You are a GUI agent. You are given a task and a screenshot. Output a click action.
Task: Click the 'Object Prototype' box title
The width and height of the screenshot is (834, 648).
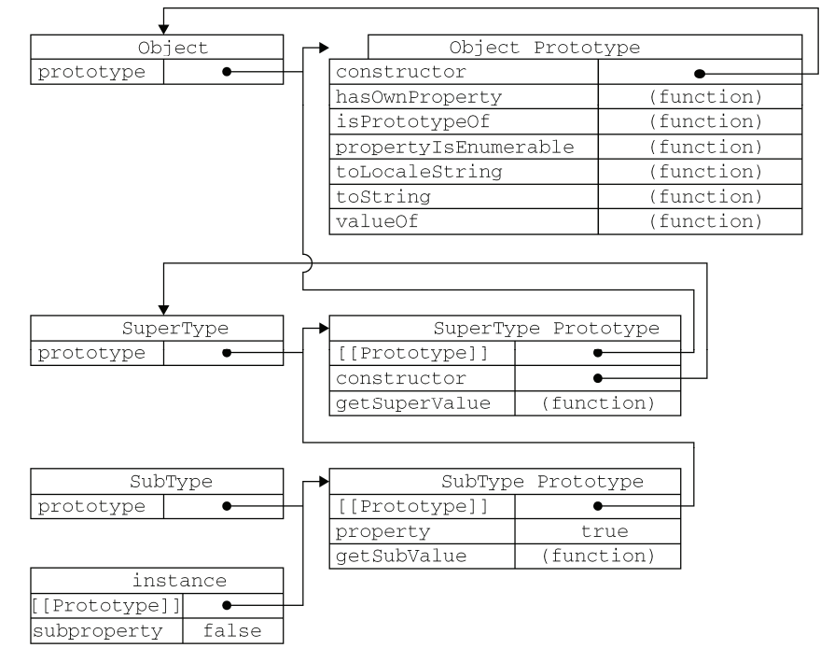545,48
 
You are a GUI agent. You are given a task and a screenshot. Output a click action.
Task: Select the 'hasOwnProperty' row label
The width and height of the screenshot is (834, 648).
419,97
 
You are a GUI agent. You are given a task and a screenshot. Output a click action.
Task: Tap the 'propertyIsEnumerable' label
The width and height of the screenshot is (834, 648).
454,147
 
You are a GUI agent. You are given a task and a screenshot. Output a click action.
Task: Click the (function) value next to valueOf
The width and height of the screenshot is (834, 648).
706,221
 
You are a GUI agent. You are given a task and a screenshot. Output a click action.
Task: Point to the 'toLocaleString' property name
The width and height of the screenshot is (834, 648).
419,172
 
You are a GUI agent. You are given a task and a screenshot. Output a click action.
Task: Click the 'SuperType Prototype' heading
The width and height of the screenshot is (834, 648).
547,328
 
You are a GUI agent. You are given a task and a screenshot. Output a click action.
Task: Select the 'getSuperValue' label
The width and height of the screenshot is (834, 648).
412,403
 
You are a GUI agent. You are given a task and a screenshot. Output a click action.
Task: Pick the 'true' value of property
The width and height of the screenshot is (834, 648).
605,531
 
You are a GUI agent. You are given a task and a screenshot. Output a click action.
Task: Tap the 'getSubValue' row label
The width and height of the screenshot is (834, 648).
401,556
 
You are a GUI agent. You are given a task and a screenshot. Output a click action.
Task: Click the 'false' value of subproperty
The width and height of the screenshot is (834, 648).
232,630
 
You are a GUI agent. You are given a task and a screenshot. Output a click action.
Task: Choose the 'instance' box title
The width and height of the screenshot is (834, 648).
179,581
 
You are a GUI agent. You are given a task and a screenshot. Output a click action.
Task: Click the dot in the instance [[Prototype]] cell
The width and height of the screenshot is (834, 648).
227,605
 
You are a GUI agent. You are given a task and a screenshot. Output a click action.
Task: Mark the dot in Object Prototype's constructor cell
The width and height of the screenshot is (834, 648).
700,74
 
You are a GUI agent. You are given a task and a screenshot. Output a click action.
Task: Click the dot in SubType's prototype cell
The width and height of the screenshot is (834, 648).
227,506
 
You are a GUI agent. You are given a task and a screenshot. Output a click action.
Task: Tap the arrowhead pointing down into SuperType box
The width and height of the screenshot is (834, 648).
163,310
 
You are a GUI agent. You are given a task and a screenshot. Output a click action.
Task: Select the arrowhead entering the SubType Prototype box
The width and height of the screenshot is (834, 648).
324,482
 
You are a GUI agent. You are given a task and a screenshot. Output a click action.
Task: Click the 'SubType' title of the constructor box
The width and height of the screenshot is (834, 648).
172,482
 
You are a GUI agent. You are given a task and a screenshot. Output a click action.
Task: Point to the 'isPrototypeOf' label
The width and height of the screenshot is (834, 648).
412,121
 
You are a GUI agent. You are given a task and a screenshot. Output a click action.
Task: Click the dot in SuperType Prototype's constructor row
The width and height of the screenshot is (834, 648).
598,378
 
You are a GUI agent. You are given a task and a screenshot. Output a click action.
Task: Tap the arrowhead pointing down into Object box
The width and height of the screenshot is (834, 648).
163,29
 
